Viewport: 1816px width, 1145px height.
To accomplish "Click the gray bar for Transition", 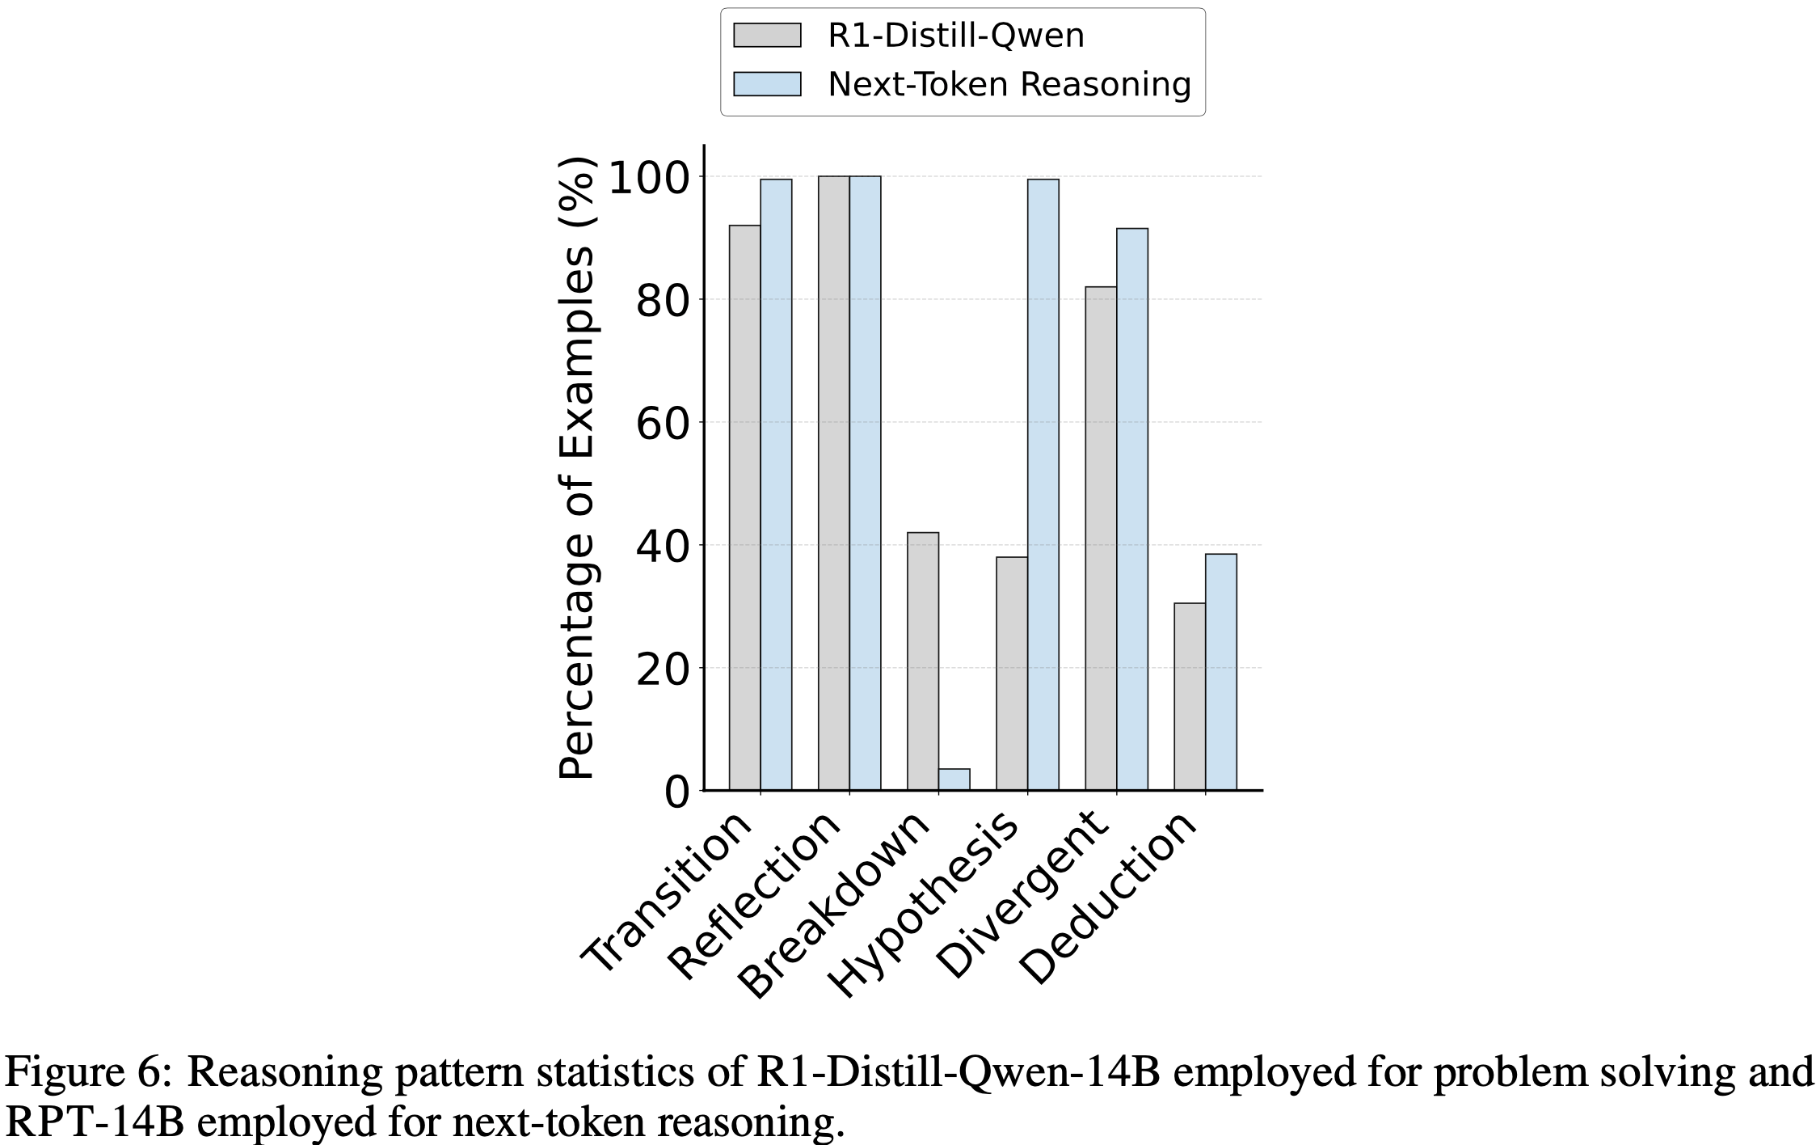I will [x=744, y=508].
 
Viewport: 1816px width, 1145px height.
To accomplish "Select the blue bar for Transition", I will [x=776, y=485].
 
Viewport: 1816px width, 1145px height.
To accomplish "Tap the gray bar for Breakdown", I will [x=922, y=661].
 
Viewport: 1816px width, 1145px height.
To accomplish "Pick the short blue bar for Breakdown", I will [x=954, y=780].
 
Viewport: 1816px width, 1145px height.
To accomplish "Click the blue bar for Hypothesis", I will [x=1043, y=485].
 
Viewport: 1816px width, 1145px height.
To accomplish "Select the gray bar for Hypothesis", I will [x=1011, y=674].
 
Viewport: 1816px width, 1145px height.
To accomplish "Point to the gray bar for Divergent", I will [x=1100, y=539].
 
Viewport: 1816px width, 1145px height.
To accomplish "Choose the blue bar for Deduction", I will [x=1220, y=672].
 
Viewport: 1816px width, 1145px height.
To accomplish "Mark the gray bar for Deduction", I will [x=1189, y=696].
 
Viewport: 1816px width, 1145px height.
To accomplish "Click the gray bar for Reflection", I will [x=833, y=484].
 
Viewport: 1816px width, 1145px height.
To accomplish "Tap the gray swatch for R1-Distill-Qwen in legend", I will [x=767, y=36].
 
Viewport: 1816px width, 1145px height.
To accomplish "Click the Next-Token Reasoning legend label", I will [x=1009, y=84].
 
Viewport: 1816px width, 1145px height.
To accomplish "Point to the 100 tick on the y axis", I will [x=654, y=177].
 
